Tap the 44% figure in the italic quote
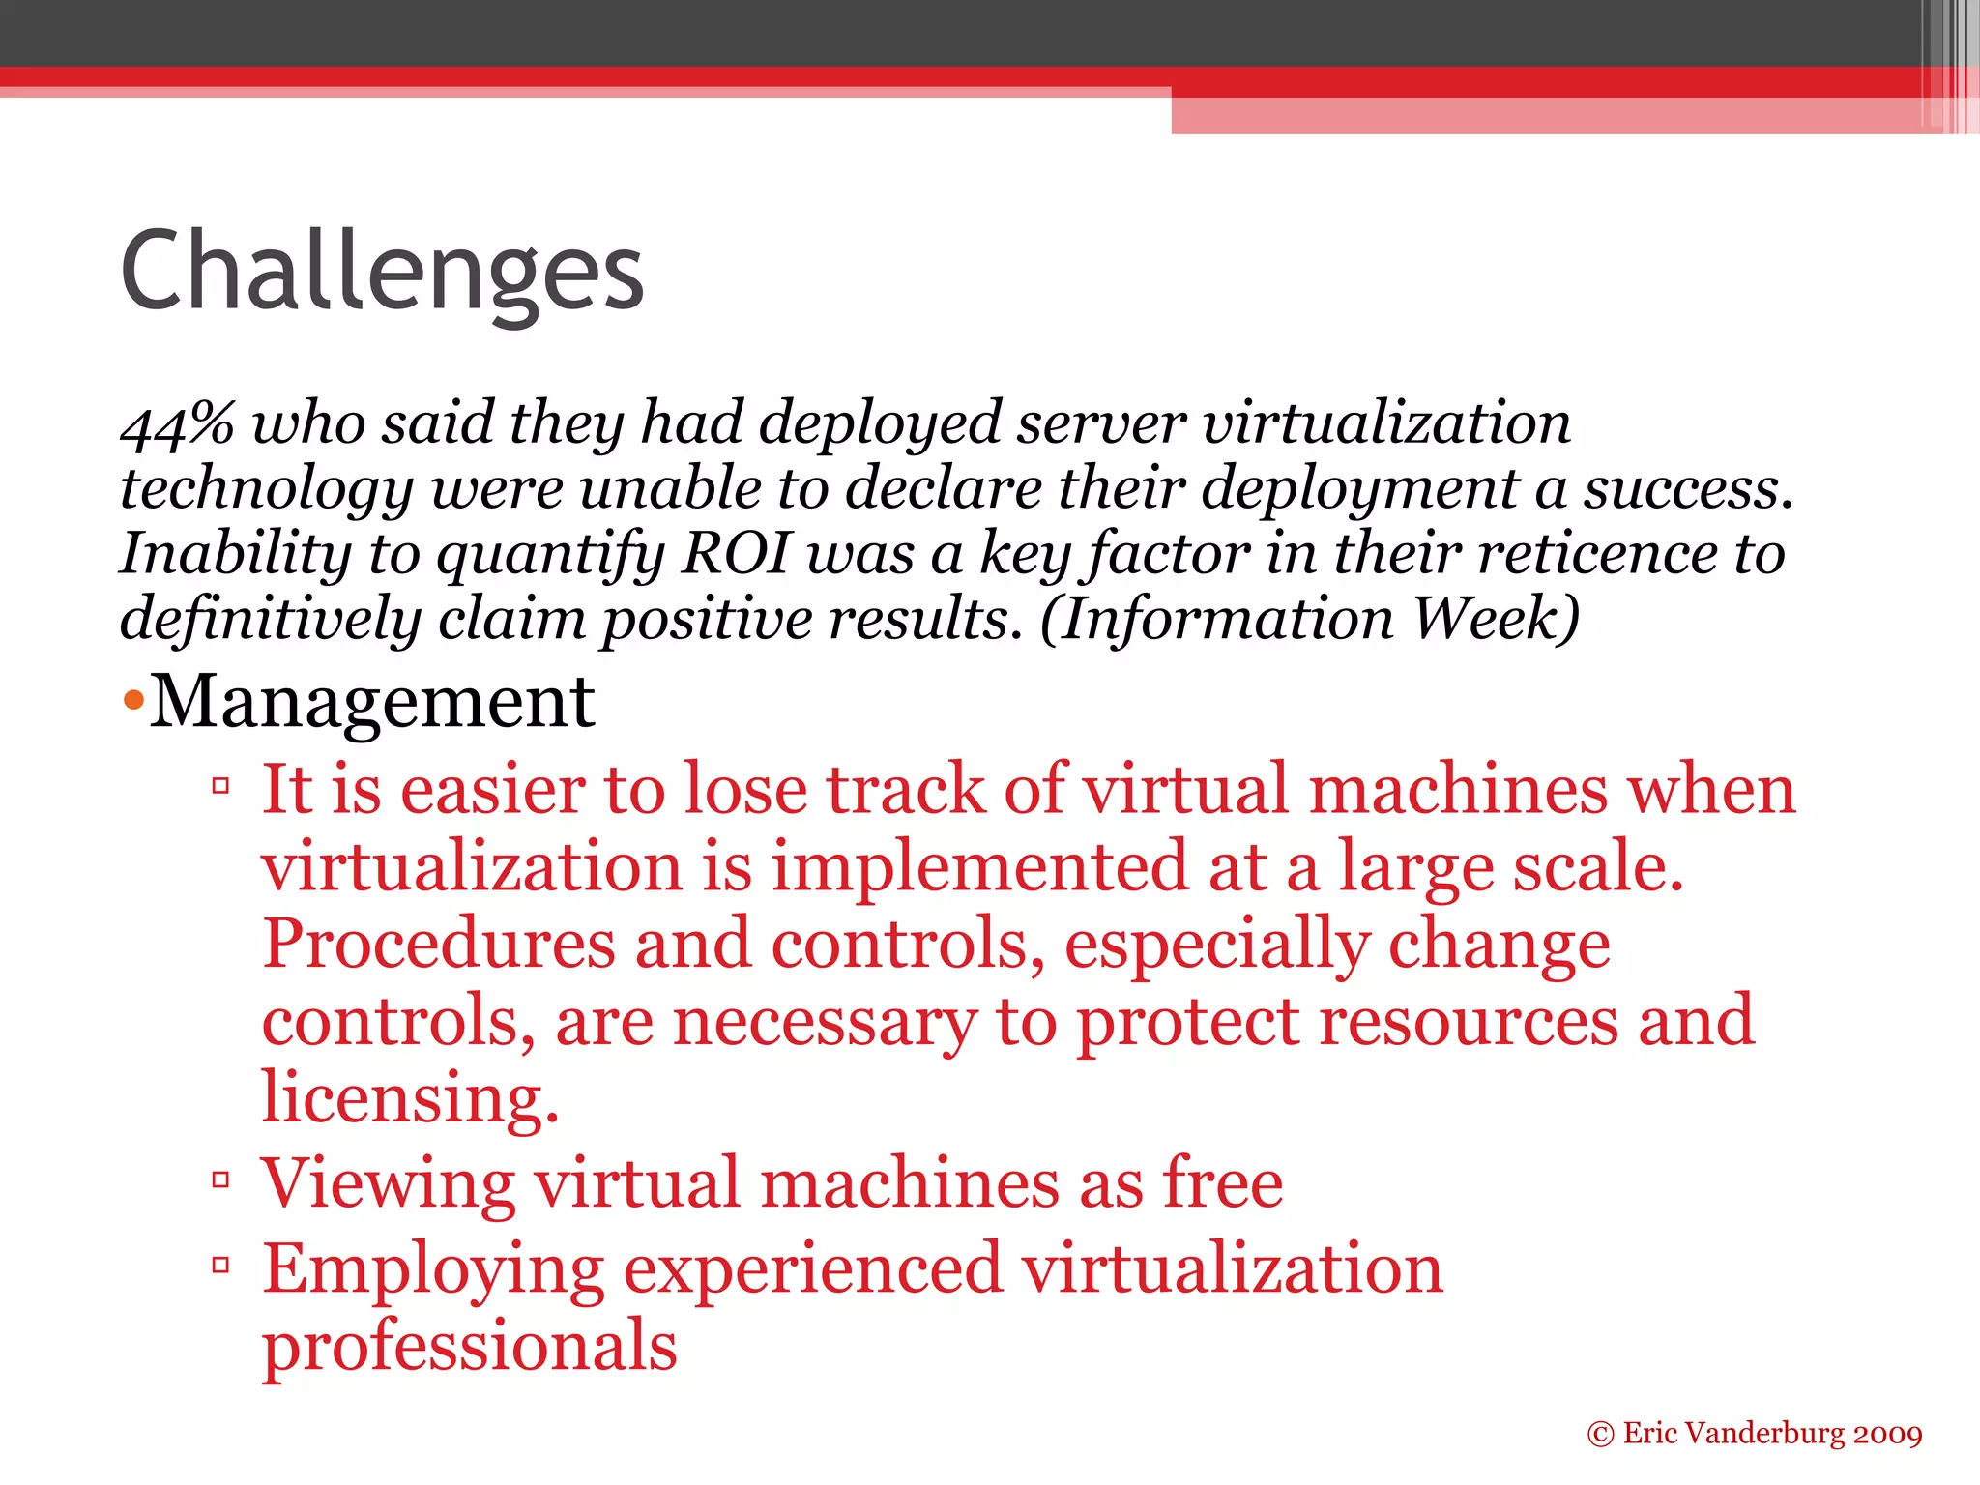(x=177, y=423)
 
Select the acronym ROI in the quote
(x=736, y=553)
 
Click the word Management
(x=372, y=701)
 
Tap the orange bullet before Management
(x=133, y=699)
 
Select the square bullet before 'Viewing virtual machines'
(x=220, y=1179)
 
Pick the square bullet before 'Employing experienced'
(x=220, y=1264)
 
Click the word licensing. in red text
(x=410, y=1097)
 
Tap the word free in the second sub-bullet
(x=1223, y=1182)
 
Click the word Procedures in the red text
(x=439, y=944)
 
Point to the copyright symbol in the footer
(x=1600, y=1434)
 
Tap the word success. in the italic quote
(x=1687, y=488)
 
